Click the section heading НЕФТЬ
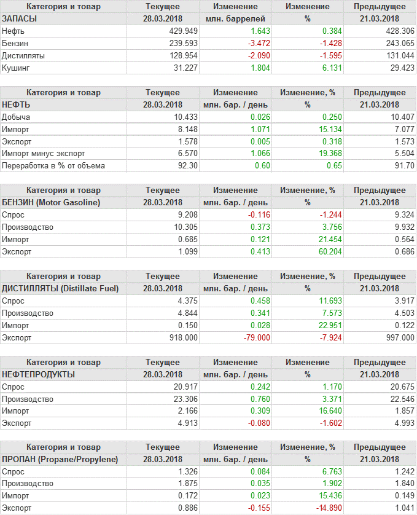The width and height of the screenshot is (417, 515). (16, 104)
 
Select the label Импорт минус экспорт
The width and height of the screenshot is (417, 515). (44, 154)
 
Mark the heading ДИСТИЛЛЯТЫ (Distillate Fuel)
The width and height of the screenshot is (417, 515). (60, 288)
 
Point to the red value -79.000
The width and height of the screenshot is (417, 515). (254, 337)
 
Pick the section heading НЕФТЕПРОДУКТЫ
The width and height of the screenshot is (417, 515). (39, 374)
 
